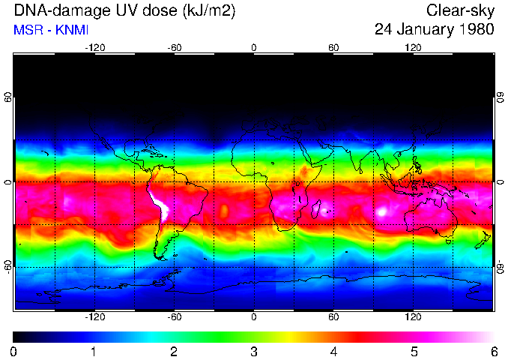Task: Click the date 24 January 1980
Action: pos(434,30)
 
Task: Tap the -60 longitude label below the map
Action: pos(175,317)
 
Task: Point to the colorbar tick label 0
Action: pos(13,352)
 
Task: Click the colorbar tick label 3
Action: pos(254,352)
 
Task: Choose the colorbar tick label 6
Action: pos(494,352)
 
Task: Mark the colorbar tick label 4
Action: pos(334,352)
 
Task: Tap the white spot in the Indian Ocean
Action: pos(383,211)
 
